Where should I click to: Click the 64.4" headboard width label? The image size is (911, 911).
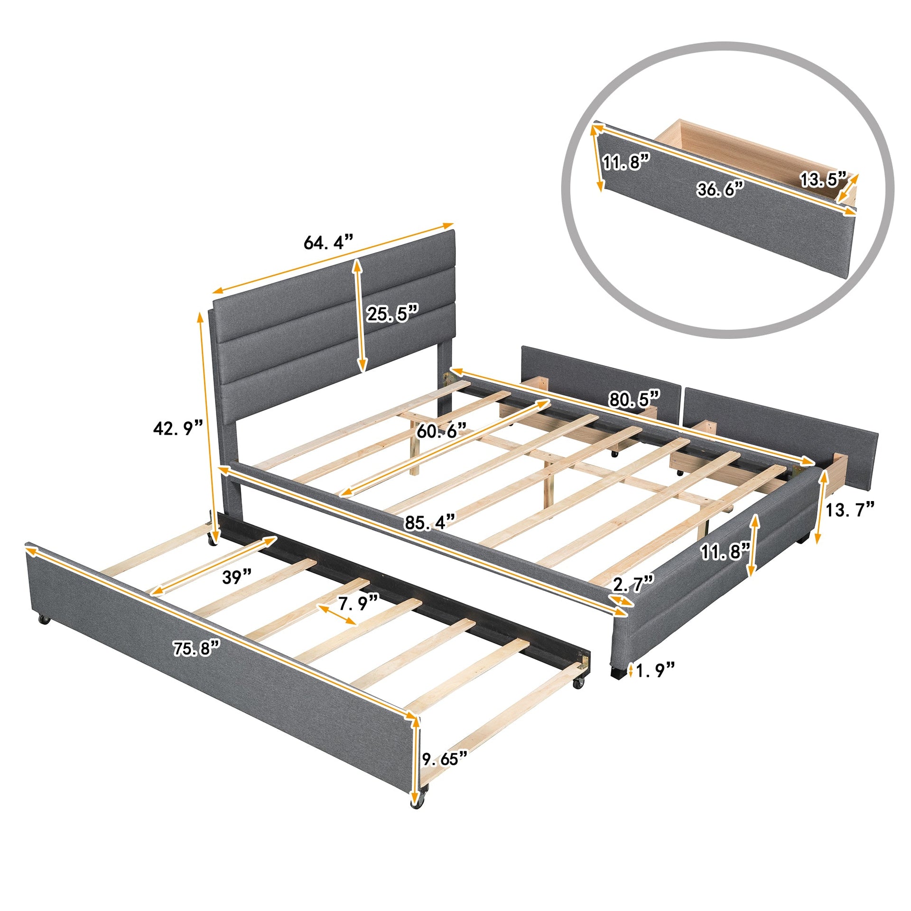pos(328,242)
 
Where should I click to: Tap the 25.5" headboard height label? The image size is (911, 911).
pos(393,314)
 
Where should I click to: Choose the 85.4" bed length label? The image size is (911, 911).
pos(430,523)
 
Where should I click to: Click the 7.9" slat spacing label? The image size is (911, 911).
pos(358,603)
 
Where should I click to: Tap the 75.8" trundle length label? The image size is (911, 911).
pos(196,649)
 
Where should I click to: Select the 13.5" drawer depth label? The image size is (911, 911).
pos(823,180)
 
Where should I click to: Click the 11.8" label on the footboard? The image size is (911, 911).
pos(725,552)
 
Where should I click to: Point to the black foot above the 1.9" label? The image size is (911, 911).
pos(616,671)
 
